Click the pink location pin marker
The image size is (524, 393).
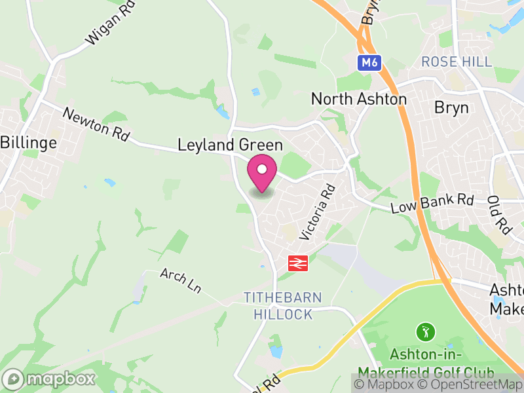tap(262, 174)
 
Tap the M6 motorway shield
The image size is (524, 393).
tap(369, 63)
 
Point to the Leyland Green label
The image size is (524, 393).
tap(230, 145)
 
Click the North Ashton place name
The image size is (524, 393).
tap(358, 99)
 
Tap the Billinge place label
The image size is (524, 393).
tap(29, 142)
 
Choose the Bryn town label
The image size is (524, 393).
tap(451, 107)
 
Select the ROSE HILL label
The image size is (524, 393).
tap(457, 62)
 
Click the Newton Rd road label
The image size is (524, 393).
tap(96, 124)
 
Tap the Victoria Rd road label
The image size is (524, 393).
tap(317, 211)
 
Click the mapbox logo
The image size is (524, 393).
tap(50, 379)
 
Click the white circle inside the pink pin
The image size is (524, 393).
tap(262, 170)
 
